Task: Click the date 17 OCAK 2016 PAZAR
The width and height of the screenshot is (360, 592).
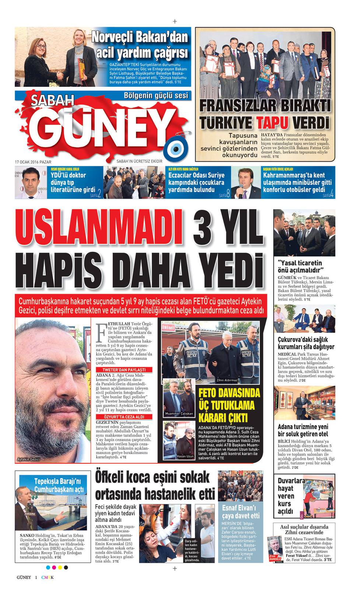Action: click(x=33, y=161)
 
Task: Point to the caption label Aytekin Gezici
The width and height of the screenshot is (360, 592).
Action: click(x=28, y=459)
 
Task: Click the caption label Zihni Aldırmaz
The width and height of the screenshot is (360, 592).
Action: click(x=227, y=380)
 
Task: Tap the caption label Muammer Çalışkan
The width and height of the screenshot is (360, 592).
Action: click(x=179, y=414)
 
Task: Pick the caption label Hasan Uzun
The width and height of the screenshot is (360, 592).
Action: click(x=185, y=456)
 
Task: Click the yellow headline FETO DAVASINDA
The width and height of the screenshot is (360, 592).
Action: click(x=229, y=393)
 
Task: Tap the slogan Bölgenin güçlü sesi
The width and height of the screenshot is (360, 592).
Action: click(x=156, y=96)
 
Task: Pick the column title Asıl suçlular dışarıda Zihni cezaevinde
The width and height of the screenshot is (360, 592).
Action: click(x=304, y=529)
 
